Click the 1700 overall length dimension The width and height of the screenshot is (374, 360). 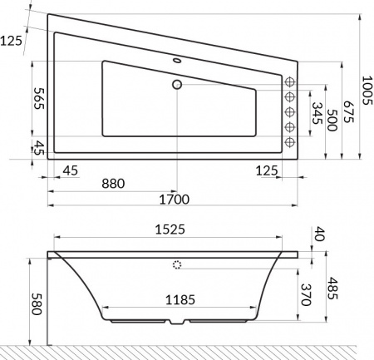click(174, 199)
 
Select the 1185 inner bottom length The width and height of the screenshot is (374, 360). click(177, 299)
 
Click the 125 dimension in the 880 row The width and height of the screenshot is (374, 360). click(267, 170)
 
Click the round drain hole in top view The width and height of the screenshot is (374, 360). click(176, 84)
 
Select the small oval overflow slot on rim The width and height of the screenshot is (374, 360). click(176, 61)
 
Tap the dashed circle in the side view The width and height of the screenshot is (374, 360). click(176, 265)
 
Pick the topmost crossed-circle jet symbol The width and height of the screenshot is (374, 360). click(291, 81)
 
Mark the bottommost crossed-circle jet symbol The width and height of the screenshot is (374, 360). click(291, 142)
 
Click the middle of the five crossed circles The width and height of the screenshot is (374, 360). click(291, 112)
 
